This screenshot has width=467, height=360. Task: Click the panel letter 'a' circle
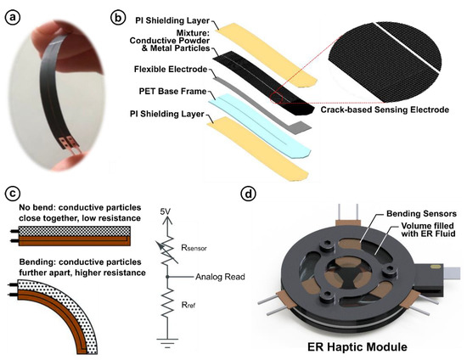(15, 14)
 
